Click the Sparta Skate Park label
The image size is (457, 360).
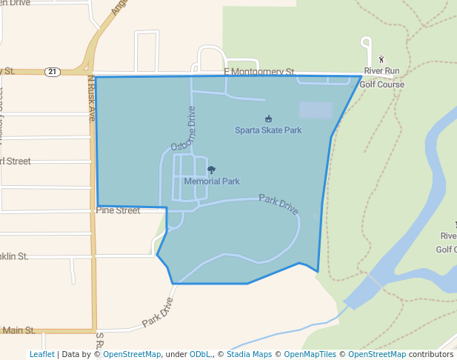coord(268,130)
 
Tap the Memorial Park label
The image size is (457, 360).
coord(212,181)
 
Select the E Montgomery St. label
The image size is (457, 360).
coord(259,72)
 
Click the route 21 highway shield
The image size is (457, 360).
coord(51,72)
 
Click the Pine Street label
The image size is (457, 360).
coord(118,210)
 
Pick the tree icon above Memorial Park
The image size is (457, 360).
coord(212,170)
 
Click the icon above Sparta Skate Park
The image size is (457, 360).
coord(268,119)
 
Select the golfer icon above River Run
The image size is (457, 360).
coord(381,59)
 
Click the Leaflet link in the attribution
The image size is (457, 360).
coord(41,355)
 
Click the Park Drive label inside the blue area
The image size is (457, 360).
coord(278,204)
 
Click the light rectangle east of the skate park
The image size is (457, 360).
coord(316,110)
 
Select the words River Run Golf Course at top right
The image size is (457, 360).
coord(381,77)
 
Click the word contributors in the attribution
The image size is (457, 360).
coord(431,355)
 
